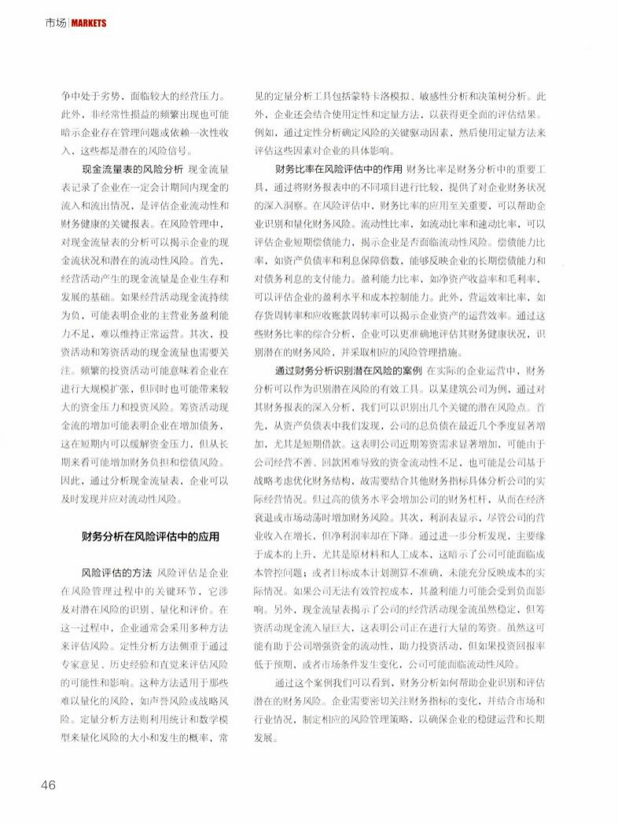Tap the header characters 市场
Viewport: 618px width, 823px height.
point(55,23)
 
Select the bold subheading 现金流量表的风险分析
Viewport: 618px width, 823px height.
point(132,169)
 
